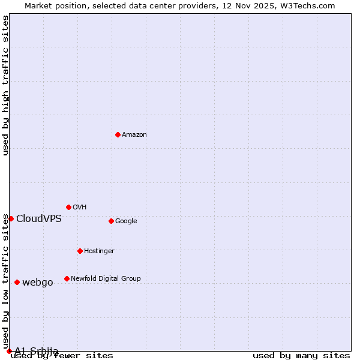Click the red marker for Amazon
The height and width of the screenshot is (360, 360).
pyautogui.click(x=118, y=134)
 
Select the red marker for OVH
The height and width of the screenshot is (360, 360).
pyautogui.click(x=68, y=207)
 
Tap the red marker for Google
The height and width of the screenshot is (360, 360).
pyautogui.click(x=111, y=221)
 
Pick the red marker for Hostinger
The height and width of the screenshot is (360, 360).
pyautogui.click(x=80, y=251)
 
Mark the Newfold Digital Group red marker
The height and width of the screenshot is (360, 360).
pyautogui.click(x=67, y=278)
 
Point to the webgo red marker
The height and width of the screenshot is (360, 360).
pyautogui.click(x=17, y=282)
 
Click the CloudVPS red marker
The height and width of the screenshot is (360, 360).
pyautogui.click(x=11, y=218)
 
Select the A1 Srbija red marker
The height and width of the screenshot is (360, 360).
pyautogui.click(x=9, y=351)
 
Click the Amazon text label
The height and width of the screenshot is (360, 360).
pyautogui.click(x=134, y=135)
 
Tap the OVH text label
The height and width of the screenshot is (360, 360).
pyautogui.click(x=80, y=208)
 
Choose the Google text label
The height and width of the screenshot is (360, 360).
pyautogui.click(x=126, y=221)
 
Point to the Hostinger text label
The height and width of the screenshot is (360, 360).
pyautogui.click(x=99, y=251)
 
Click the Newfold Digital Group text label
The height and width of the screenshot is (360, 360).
pyautogui.click(x=106, y=279)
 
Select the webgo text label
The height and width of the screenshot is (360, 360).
pyautogui.click(x=38, y=283)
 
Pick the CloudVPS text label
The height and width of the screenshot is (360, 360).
pyautogui.click(x=39, y=219)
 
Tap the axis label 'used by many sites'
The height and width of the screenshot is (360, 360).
pyautogui.click(x=301, y=356)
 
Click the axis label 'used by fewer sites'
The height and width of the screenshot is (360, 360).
pyautogui.click(x=62, y=356)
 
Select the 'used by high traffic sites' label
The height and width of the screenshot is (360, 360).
pyautogui.click(x=6, y=85)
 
